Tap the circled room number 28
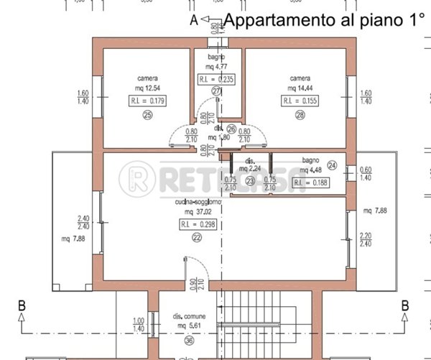300,114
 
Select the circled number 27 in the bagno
217,91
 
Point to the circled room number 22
197,238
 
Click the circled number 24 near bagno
332,165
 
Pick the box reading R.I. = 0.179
147,101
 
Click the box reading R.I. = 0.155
300,101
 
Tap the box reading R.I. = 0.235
218,79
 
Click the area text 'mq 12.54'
147,88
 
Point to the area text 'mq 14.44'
300,88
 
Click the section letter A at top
193,21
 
